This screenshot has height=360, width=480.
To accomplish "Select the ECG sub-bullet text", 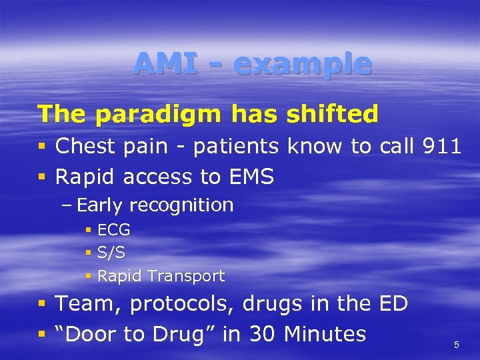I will click(x=114, y=231).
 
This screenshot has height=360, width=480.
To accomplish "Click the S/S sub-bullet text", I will click(x=111, y=253).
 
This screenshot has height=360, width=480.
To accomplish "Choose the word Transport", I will click(x=186, y=276).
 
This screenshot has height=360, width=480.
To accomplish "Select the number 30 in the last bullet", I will click(x=258, y=333).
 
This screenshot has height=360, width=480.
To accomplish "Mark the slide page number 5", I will click(x=457, y=345).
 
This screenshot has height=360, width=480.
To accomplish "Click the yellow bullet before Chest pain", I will click(x=42, y=147).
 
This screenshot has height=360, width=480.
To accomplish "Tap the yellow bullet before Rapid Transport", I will click(x=89, y=276).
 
